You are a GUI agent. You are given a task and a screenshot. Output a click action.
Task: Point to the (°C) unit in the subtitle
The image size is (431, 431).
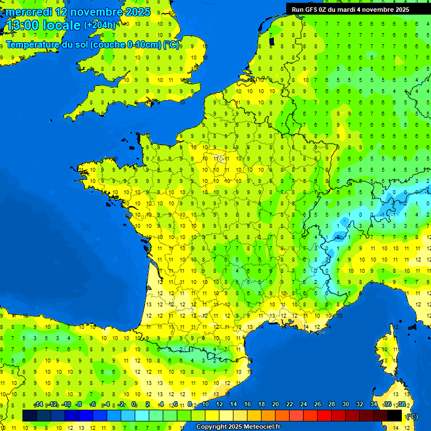tap(172, 45)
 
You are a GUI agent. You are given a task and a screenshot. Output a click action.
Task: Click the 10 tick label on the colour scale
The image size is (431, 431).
tap(205, 404)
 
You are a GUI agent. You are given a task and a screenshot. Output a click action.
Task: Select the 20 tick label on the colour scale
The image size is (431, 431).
tap(275, 404)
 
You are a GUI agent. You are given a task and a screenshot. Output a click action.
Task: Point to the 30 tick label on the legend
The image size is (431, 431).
tap(345, 404)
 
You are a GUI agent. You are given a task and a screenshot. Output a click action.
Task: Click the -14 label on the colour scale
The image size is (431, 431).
tap(39, 404)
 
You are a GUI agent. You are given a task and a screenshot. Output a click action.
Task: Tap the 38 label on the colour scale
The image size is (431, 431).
tap(401, 404)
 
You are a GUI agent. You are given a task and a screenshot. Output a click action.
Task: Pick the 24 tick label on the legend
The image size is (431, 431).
tap(303, 404)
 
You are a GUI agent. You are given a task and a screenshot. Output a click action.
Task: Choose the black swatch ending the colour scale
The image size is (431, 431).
tap(395, 415)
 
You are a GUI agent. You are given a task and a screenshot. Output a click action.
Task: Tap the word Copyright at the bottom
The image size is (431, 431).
tap(210, 427)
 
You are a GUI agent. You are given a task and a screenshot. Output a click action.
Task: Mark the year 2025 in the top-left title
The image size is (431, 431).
tap(137, 12)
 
